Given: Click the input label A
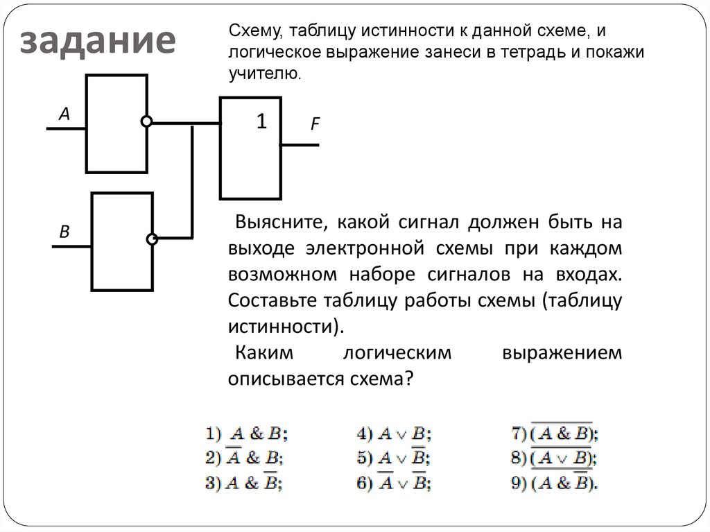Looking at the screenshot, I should point(64,115).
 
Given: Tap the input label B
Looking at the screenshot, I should point(64,233).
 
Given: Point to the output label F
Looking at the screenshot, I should point(314,126).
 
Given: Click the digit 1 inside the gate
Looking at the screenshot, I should point(261,121).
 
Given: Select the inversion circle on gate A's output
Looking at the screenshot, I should point(146,122).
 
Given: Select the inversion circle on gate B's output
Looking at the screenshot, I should point(153,239).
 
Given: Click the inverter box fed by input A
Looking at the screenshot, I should point(116,123).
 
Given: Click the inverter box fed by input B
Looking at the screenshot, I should point(122,241).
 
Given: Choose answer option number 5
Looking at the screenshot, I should point(395,458).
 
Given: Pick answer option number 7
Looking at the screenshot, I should point(555,434).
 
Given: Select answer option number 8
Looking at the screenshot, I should point(555,458).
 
